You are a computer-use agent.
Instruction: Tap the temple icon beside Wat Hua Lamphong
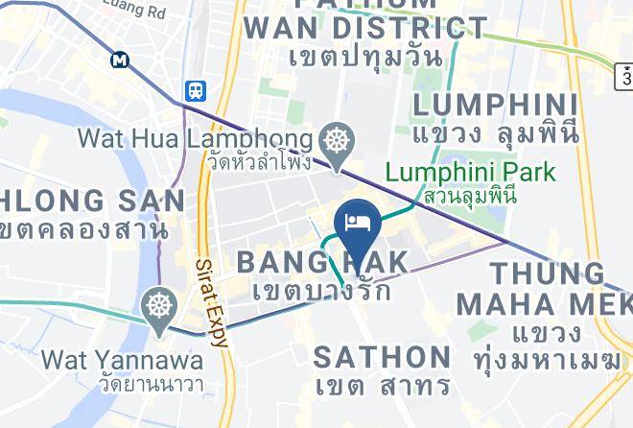tap(338, 140)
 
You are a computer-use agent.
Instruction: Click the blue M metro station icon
tap(120, 59)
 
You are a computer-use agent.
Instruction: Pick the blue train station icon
tap(196, 90)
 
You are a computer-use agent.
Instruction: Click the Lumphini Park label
tap(470, 173)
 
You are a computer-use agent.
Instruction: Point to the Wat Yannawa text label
tap(122, 361)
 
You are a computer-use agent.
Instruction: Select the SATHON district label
tap(383, 357)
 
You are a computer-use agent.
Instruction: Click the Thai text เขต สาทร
tap(383, 386)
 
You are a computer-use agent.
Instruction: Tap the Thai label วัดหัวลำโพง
tap(258, 161)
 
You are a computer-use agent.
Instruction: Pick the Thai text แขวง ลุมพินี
tap(496, 134)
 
